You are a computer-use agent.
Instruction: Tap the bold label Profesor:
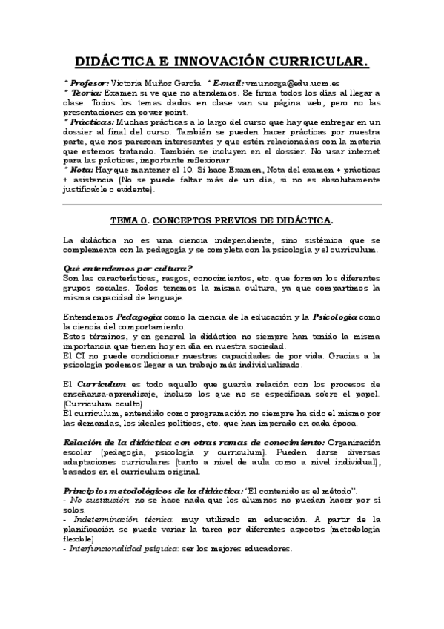88,83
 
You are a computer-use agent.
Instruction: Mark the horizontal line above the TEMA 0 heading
222,204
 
